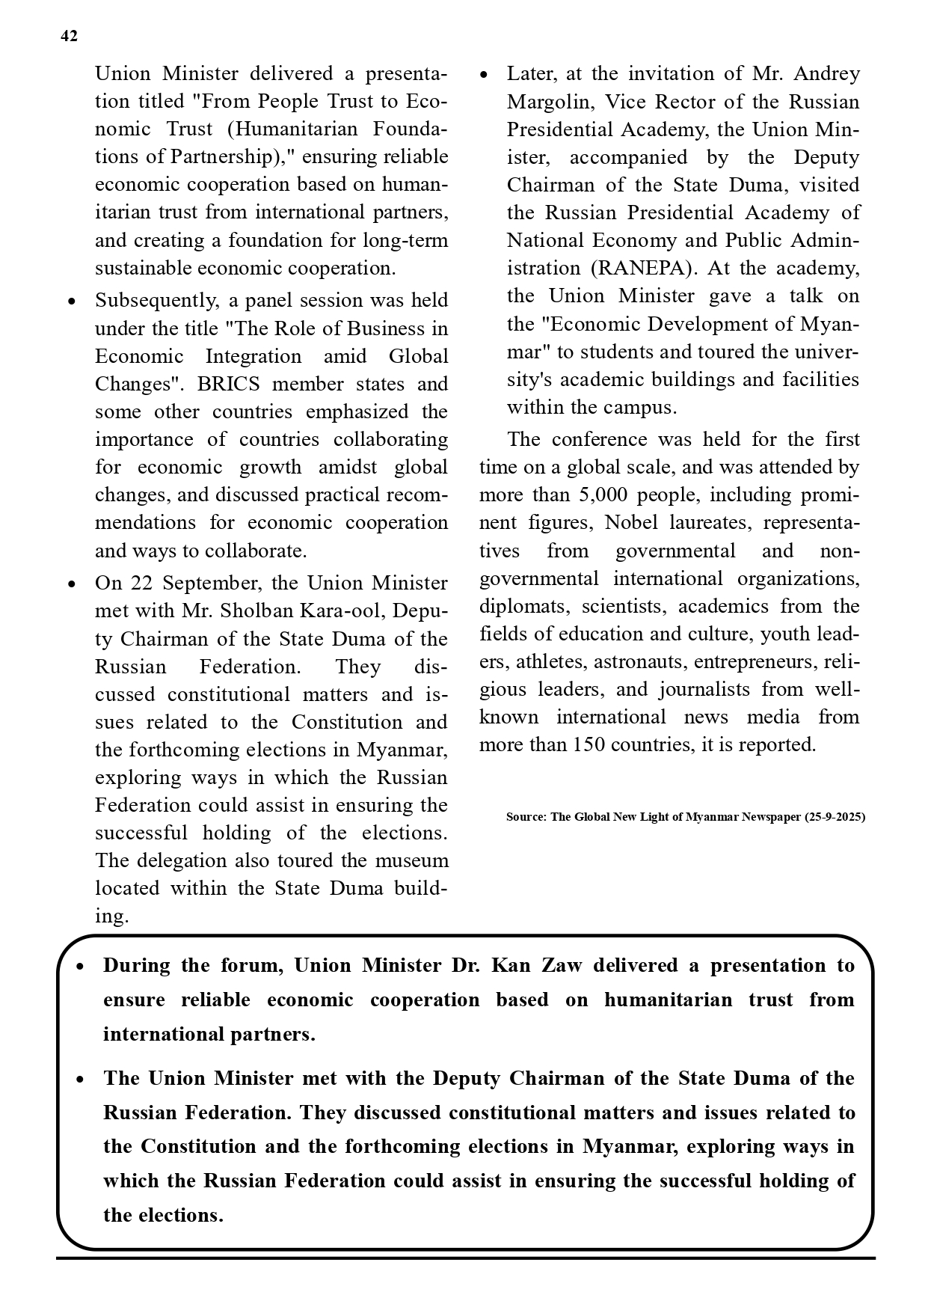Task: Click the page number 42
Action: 68,37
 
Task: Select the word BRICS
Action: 228,385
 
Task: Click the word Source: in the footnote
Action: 526,817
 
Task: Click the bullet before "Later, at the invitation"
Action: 484,75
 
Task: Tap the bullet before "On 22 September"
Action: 72,584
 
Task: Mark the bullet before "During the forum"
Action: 81,967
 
